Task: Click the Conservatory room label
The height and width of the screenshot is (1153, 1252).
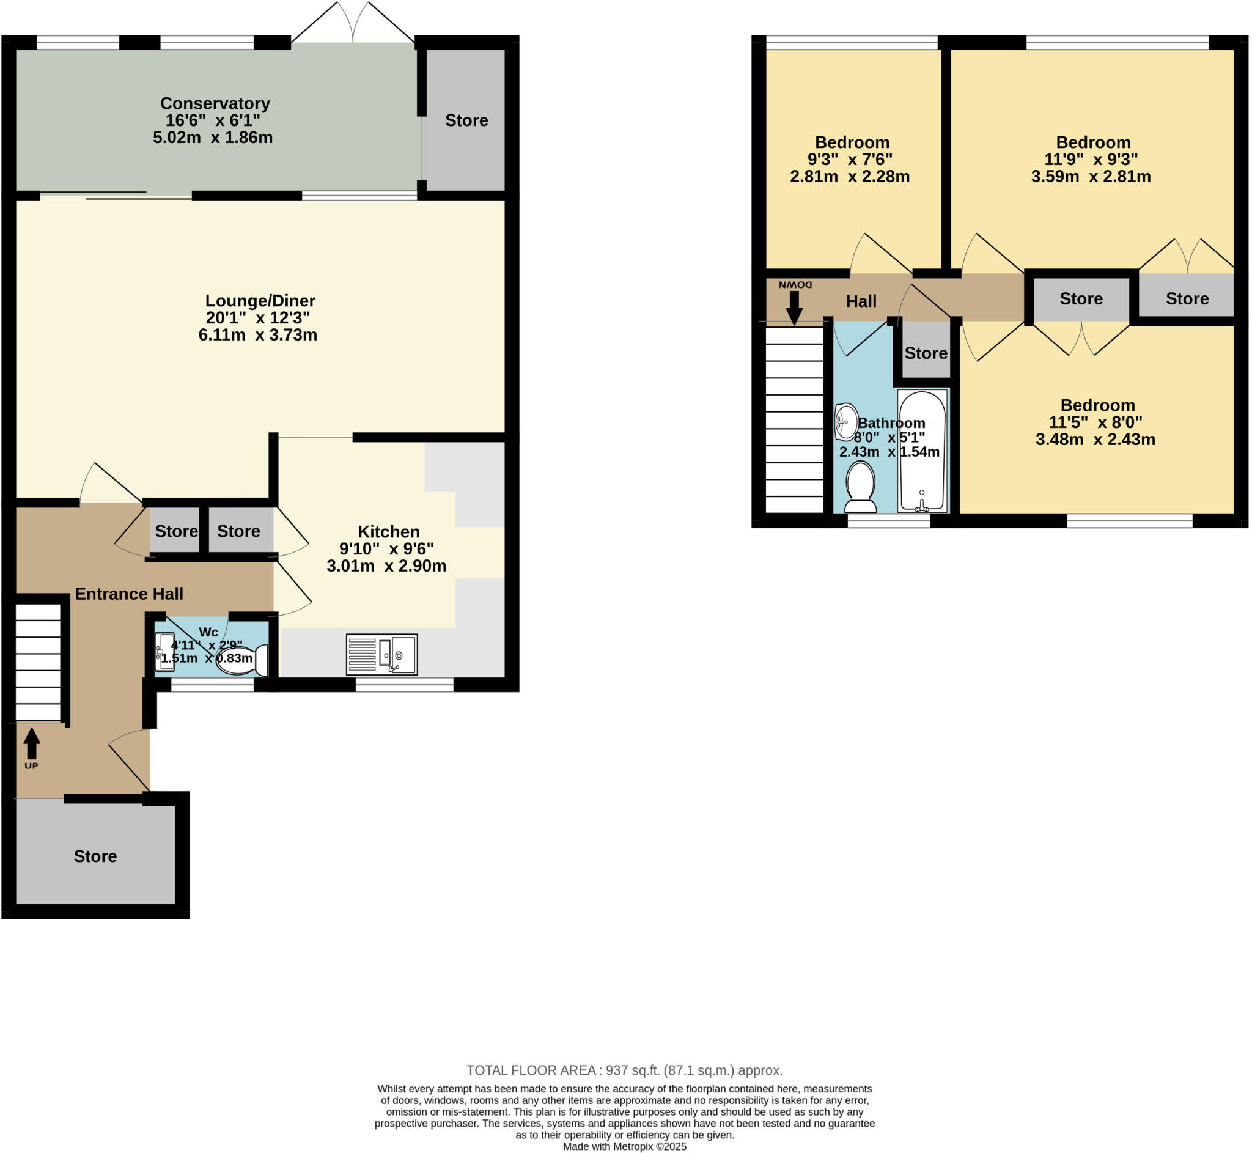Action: coord(215,103)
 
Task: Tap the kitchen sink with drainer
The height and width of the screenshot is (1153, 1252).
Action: coord(382,655)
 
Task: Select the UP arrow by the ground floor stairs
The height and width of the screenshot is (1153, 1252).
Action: coord(32,745)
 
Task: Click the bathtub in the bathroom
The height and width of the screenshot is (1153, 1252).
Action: coord(921,451)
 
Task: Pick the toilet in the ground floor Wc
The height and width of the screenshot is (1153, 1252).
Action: coord(240,661)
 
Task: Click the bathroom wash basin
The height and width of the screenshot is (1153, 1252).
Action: coord(846,422)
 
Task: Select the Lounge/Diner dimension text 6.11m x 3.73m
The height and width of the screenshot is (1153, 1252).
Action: coord(257,335)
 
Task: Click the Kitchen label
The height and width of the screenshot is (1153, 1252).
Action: coord(388,532)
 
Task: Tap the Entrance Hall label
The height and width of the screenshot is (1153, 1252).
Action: coord(129,594)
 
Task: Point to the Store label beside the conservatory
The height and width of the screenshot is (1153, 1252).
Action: coord(466,120)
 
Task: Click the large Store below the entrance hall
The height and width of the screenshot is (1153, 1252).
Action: coord(95,856)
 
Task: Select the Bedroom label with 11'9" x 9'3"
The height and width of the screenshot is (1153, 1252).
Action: coord(1092,142)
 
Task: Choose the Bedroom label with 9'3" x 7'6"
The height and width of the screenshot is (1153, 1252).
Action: coord(852,142)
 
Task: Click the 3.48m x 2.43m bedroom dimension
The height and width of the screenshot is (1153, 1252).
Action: coord(1095,439)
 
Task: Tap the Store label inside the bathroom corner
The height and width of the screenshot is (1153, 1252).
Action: coord(925,353)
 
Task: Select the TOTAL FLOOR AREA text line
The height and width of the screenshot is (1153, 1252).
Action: coord(624,1070)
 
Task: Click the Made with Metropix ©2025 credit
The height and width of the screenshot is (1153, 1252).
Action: coord(624,1146)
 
